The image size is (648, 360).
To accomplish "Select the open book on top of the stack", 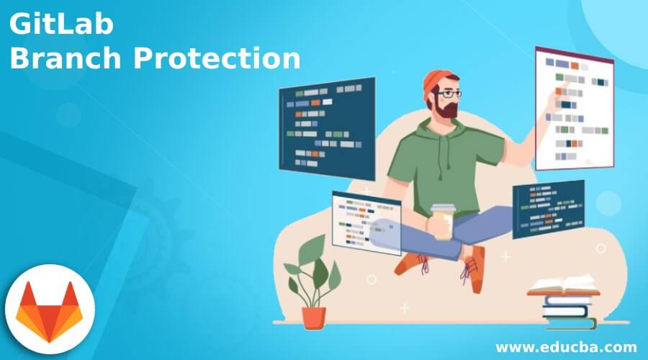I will click(563, 287).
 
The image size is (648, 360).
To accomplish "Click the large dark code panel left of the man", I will click(327, 128).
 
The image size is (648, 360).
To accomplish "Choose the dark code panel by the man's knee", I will click(547, 208).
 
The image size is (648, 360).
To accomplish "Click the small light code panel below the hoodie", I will click(365, 222).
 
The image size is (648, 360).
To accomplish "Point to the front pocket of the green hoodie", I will click(439, 189).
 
